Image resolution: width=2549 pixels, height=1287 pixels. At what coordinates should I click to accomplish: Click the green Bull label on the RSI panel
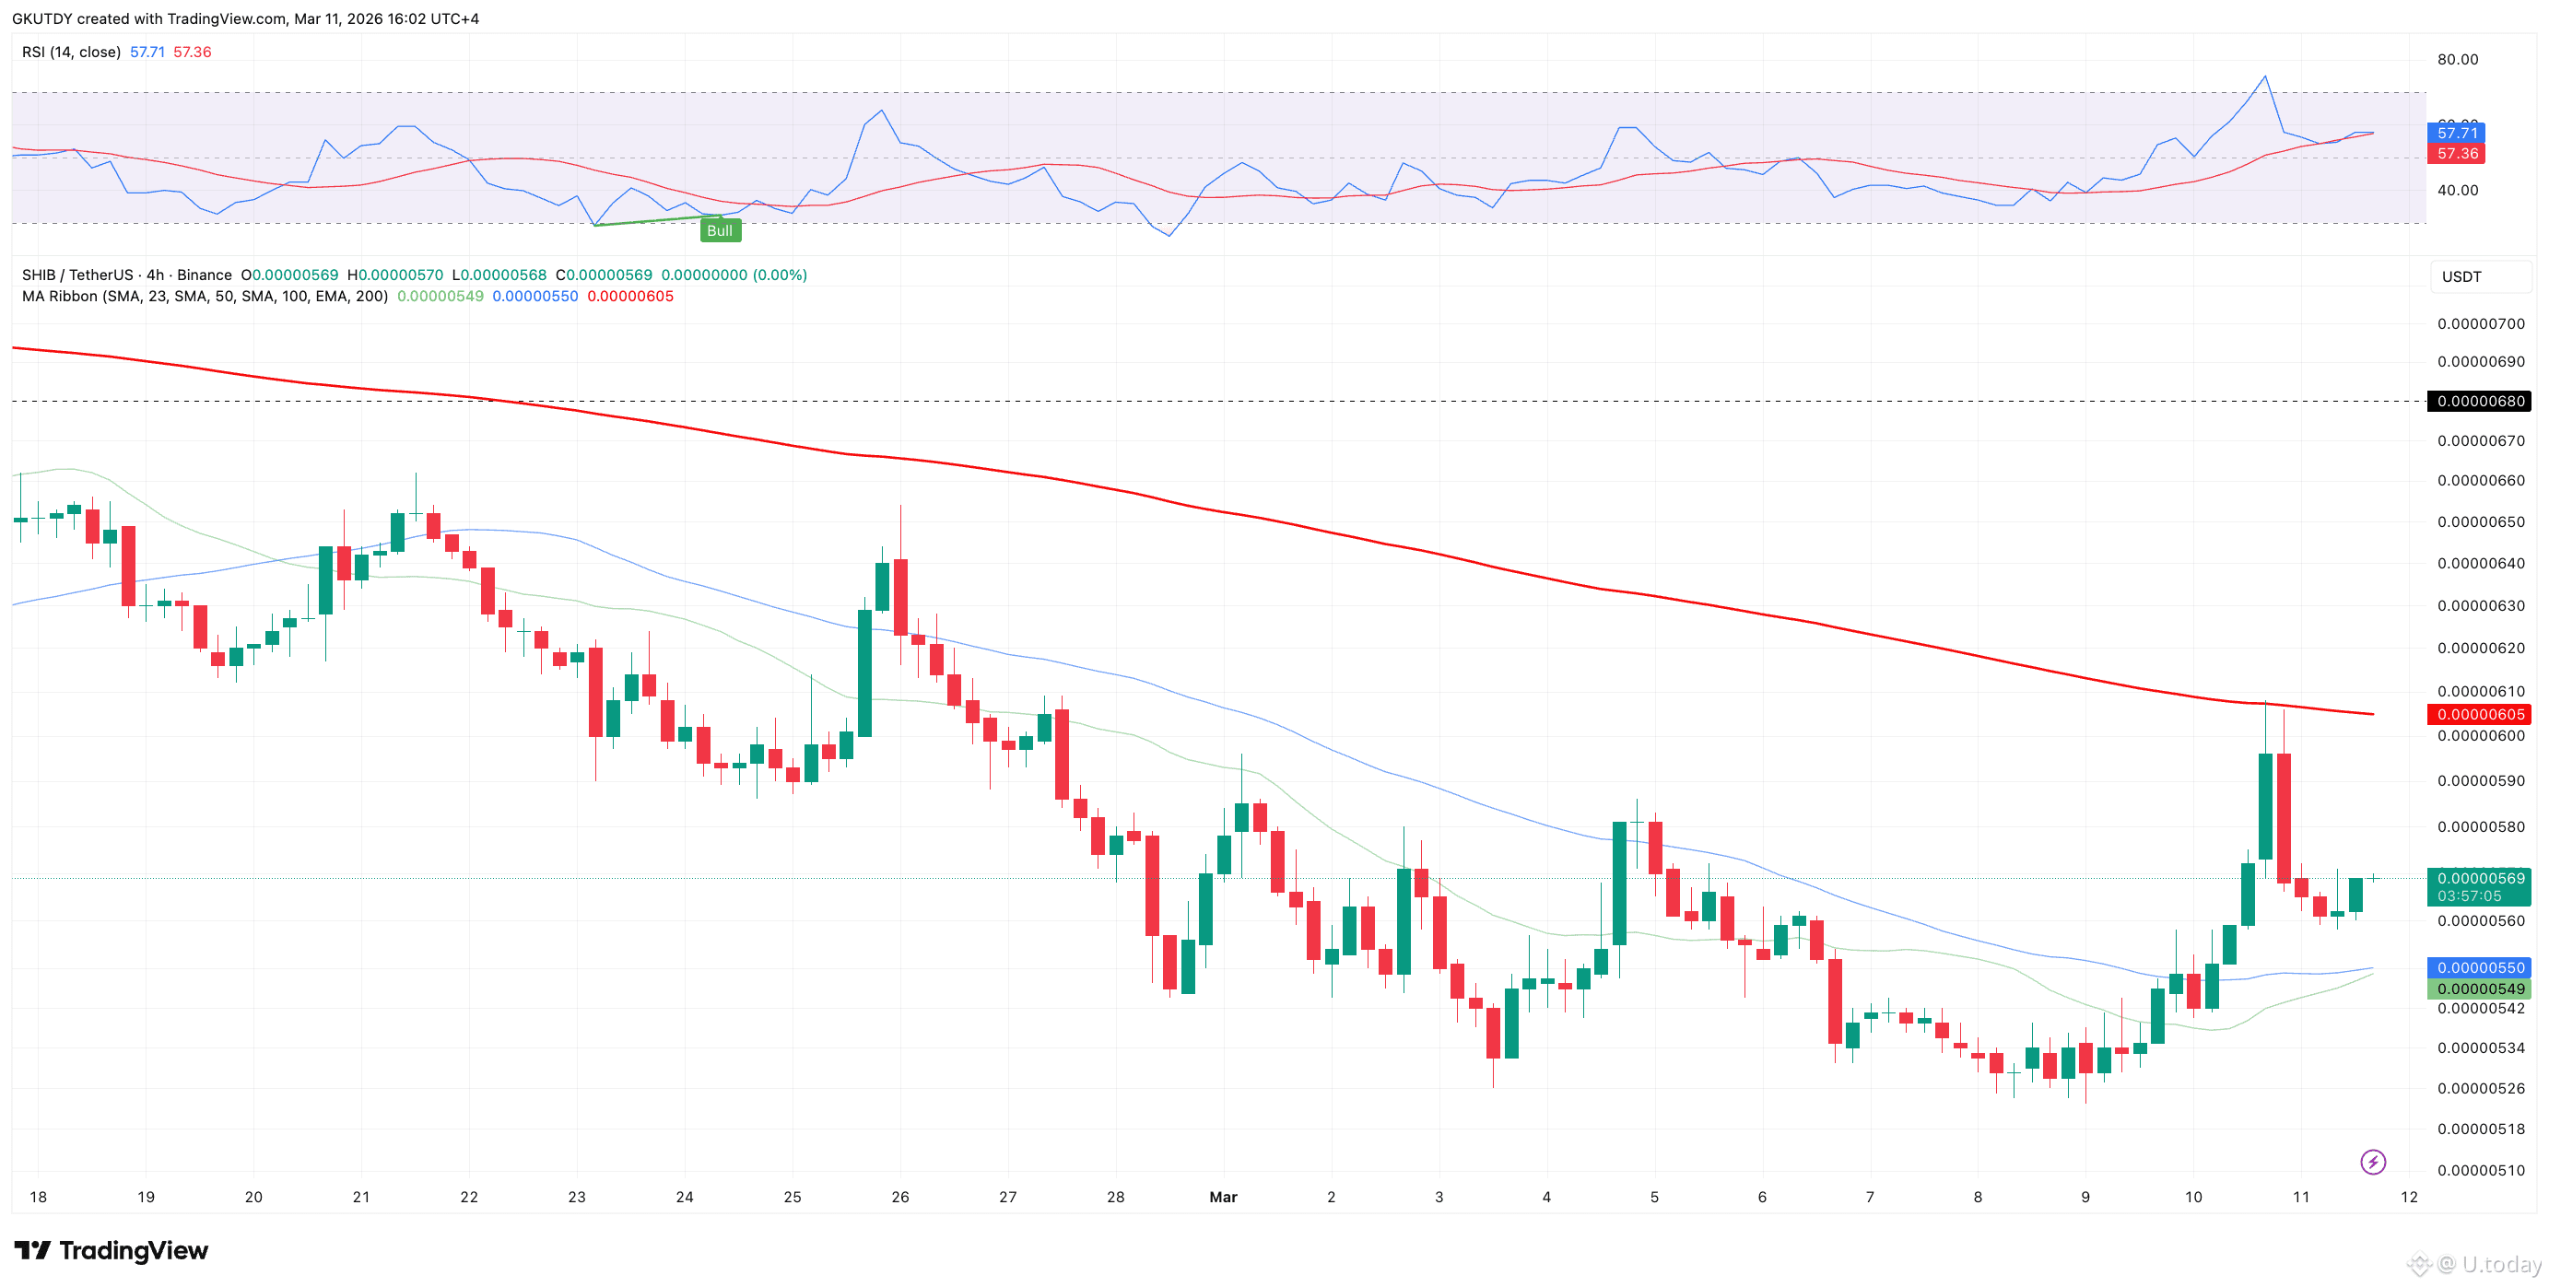click(720, 230)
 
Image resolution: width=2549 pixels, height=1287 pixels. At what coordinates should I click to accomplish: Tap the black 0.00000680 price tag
click(2480, 401)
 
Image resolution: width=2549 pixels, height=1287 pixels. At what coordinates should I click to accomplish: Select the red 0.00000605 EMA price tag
click(2480, 714)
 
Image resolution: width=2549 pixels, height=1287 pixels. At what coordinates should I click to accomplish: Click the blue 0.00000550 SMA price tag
click(2480, 967)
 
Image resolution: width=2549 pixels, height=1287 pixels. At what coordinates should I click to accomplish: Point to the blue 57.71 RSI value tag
click(2456, 133)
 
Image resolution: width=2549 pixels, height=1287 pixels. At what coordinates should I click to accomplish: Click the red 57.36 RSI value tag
click(2456, 153)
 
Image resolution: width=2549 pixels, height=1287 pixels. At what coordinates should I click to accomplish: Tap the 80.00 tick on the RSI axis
click(2457, 59)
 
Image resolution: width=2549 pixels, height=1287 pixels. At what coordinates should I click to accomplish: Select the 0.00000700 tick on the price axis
click(2480, 323)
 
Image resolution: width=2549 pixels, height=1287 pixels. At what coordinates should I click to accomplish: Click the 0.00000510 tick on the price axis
click(2480, 1170)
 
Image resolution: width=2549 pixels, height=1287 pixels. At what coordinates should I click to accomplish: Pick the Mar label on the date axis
click(1223, 1197)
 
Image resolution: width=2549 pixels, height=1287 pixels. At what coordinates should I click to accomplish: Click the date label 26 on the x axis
click(899, 1197)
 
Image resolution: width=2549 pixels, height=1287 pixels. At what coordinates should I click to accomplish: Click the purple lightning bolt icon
click(2373, 1162)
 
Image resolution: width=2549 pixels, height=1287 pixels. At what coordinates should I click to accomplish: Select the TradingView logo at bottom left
click(111, 1250)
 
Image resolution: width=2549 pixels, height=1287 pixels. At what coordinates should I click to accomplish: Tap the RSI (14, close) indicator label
click(71, 52)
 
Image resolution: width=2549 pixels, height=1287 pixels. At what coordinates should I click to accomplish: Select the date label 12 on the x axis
click(2409, 1197)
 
